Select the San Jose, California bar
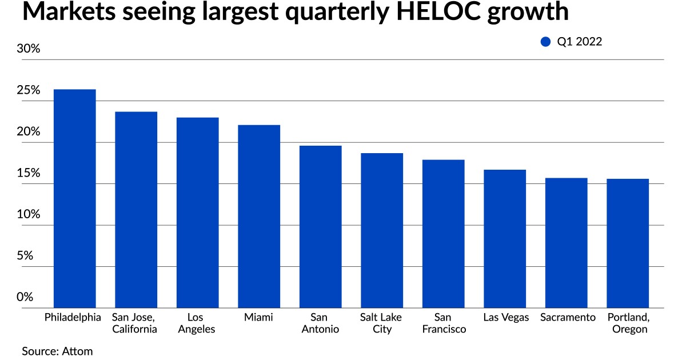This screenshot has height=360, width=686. (136, 210)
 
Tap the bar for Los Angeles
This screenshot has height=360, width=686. (197, 213)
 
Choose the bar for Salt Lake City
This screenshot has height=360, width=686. (382, 230)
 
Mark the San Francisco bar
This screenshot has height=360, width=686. (443, 234)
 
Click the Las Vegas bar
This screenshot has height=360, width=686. (505, 238)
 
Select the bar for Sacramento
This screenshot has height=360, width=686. (566, 243)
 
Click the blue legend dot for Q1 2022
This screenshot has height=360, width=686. (545, 41)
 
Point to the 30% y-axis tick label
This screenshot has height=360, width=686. (29, 49)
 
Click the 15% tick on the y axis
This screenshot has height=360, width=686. (29, 173)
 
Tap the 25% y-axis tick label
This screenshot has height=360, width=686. (29, 90)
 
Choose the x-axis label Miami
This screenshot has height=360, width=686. (259, 317)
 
